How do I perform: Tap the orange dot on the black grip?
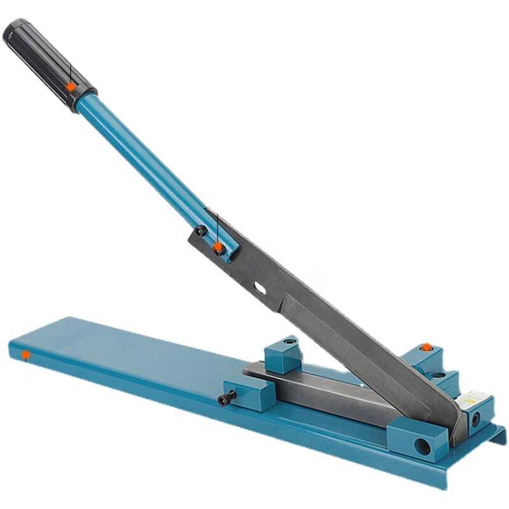point(71,86)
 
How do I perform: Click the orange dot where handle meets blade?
point(218,246)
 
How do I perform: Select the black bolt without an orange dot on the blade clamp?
point(200,230)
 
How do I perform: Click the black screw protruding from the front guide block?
point(226,400)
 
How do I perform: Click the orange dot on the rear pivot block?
point(427,347)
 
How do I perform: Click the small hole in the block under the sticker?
point(473,421)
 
